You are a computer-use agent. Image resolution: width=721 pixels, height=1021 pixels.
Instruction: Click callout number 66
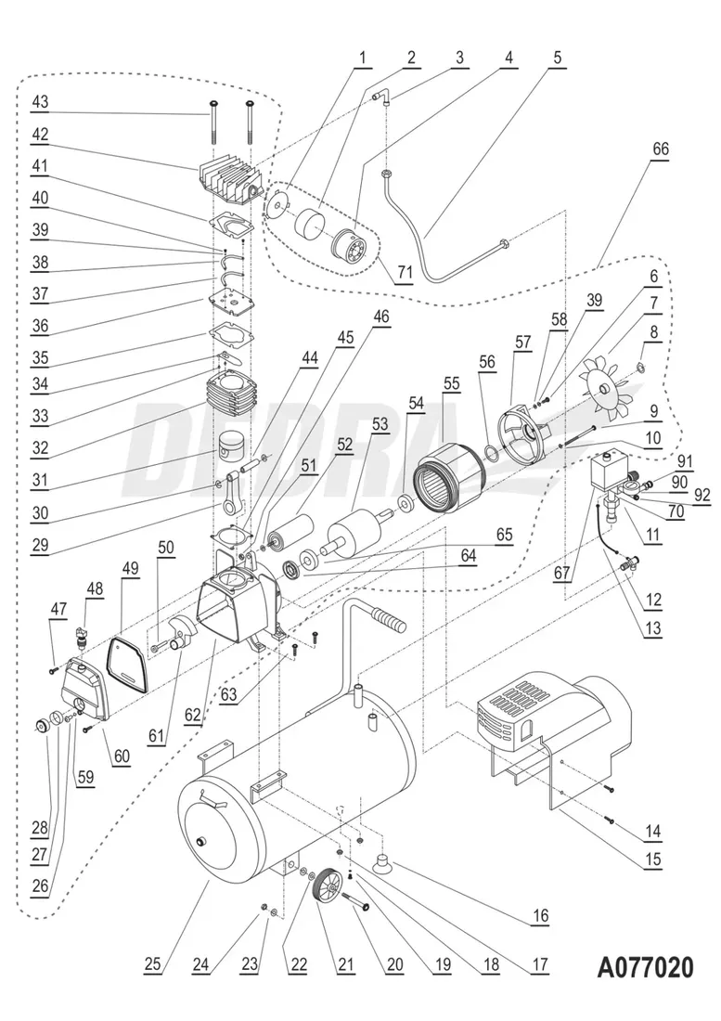[x=662, y=149]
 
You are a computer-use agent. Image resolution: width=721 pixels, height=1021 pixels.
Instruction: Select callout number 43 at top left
[x=40, y=101]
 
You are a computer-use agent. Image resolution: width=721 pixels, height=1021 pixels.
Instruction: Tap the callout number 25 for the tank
[x=154, y=963]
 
